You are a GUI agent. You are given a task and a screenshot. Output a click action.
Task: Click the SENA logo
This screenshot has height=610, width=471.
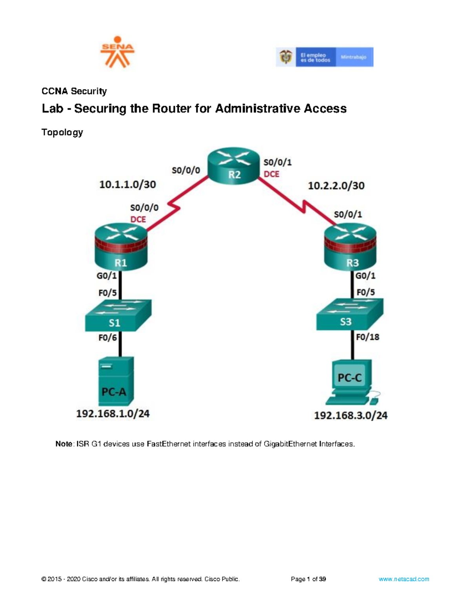click(117, 52)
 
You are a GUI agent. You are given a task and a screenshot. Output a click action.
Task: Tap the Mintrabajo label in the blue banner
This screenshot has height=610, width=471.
click(353, 57)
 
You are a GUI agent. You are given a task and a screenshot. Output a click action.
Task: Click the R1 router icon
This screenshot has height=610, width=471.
click(121, 247)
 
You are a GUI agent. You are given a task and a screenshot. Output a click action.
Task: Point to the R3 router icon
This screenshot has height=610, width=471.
click(350, 247)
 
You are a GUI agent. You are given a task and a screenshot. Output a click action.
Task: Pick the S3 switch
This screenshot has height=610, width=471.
click(349, 314)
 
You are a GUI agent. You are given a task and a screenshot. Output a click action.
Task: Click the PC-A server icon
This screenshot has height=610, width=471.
click(116, 381)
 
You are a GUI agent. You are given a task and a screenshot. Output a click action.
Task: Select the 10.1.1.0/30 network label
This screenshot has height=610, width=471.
click(128, 184)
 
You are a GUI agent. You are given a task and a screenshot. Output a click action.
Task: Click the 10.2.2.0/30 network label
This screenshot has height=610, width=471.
click(336, 185)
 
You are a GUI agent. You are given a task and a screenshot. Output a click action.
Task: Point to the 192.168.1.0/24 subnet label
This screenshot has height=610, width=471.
click(113, 414)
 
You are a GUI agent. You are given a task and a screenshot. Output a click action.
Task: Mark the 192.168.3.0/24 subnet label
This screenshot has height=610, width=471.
click(351, 415)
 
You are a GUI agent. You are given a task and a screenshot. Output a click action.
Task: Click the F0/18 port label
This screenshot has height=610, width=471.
click(367, 337)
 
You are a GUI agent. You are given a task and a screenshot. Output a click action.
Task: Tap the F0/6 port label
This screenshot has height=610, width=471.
click(107, 337)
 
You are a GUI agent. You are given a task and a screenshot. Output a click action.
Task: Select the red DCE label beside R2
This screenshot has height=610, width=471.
click(272, 174)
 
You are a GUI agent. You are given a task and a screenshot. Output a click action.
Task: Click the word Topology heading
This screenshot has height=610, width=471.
click(62, 132)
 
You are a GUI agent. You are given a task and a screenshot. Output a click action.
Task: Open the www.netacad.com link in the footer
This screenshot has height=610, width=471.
click(403, 579)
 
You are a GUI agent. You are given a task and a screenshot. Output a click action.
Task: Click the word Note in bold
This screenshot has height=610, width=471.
click(64, 444)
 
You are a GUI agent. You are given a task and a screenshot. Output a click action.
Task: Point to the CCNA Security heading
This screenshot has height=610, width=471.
click(74, 91)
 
